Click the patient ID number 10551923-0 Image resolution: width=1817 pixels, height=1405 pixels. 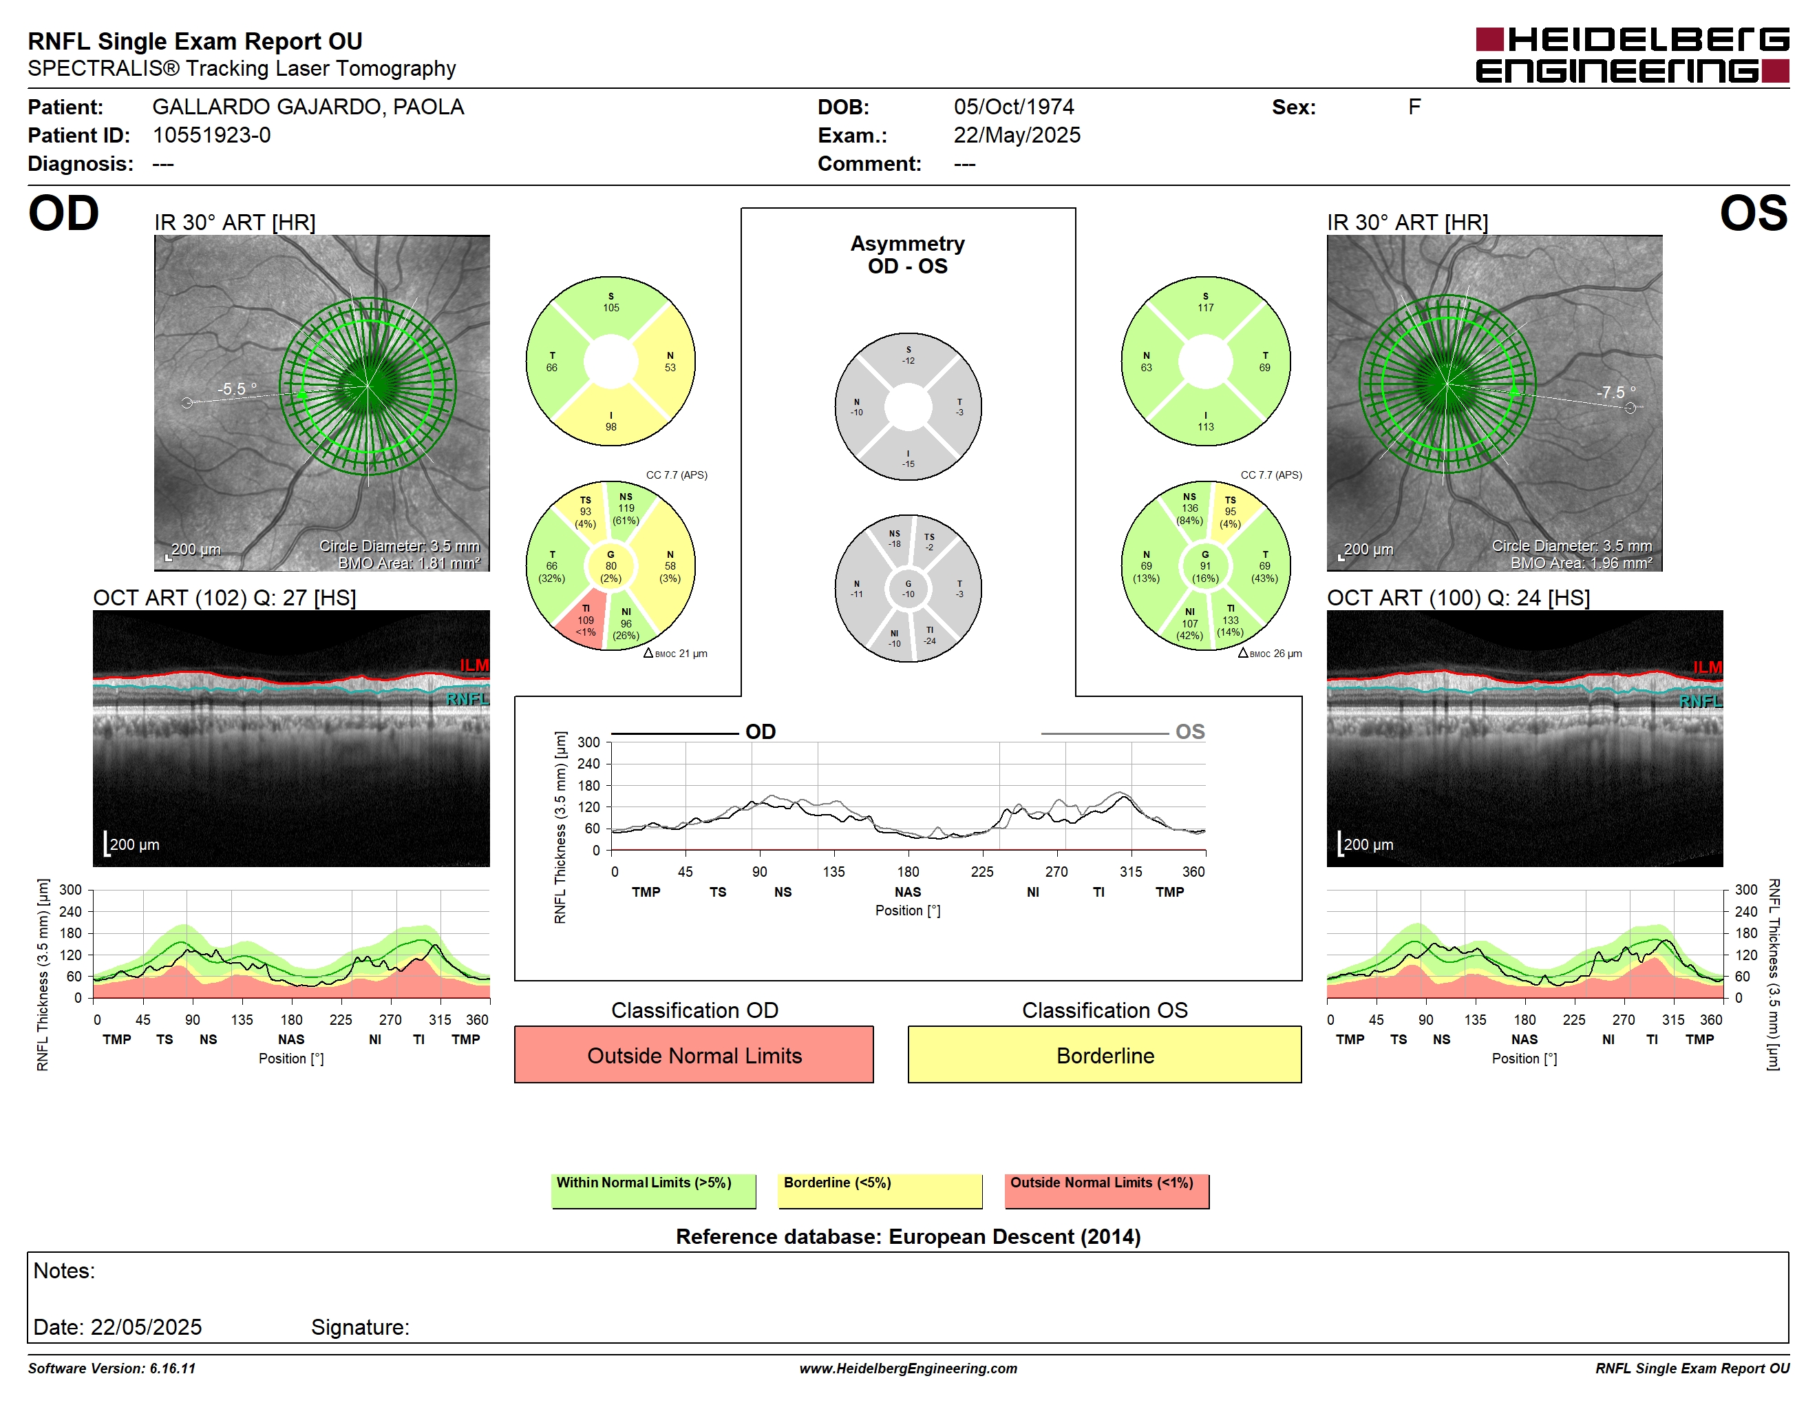[211, 135]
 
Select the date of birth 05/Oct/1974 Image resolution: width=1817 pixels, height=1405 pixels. [1013, 107]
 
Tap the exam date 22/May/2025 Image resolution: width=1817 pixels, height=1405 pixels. [1017, 135]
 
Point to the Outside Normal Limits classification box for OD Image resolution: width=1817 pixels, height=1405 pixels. [694, 1054]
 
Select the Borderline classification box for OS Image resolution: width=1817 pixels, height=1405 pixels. [1104, 1054]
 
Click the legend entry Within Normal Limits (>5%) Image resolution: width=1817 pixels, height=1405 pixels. [653, 1190]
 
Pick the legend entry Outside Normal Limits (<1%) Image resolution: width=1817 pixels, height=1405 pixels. [1107, 1190]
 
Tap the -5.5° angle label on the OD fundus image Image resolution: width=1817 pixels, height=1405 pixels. [237, 388]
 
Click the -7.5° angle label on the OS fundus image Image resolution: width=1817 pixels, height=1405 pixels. [1615, 392]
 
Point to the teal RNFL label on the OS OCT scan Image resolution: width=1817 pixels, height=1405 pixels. [1701, 701]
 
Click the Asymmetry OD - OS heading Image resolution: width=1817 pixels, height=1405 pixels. [908, 255]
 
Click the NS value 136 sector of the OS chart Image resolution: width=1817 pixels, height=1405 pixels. [1190, 508]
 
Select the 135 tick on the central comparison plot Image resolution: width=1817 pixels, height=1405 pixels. [833, 871]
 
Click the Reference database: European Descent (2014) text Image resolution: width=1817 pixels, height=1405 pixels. [908, 1236]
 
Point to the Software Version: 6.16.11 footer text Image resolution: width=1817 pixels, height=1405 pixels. [111, 1368]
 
